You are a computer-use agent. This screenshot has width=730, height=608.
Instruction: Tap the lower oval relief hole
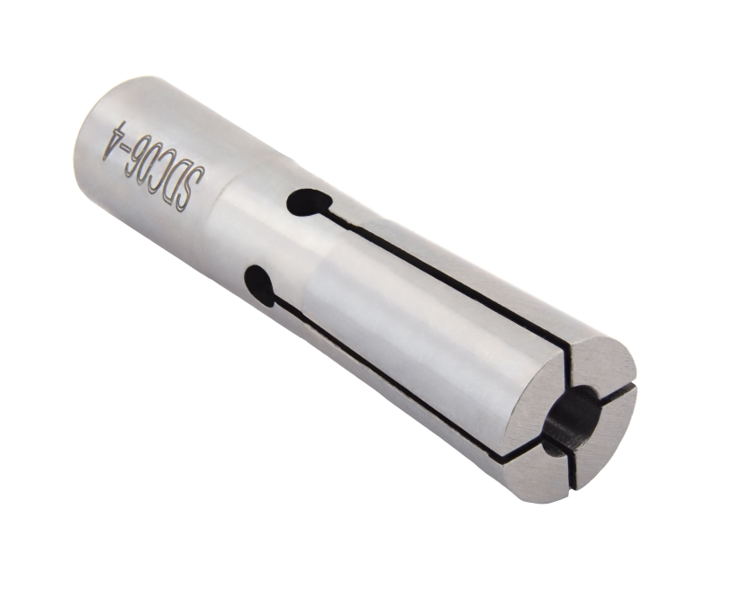tap(261, 286)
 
